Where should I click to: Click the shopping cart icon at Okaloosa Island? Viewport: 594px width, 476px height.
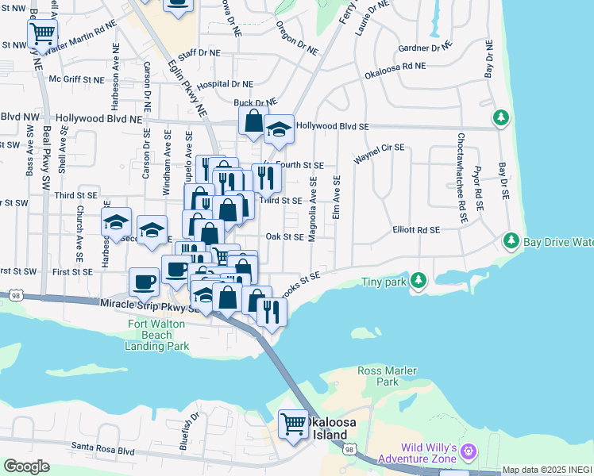pyautogui.click(x=293, y=424)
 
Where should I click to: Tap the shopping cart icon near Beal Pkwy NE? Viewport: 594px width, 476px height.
pyautogui.click(x=42, y=34)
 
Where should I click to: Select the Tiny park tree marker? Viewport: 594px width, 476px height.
pyautogui.click(x=418, y=280)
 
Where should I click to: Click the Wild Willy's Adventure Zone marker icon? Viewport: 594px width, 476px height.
pyautogui.click(x=468, y=451)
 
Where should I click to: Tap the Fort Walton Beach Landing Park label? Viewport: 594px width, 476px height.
pyautogui.click(x=158, y=335)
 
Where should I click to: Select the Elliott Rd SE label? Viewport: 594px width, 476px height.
pyautogui.click(x=415, y=230)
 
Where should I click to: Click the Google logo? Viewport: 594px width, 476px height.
pyautogui.click(x=26, y=466)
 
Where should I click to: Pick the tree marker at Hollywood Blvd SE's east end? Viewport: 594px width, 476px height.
pyautogui.click(x=500, y=118)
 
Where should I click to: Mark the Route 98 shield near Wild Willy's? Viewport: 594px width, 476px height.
pyautogui.click(x=349, y=450)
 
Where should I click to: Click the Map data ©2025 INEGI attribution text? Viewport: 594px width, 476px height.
pyautogui.click(x=547, y=470)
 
